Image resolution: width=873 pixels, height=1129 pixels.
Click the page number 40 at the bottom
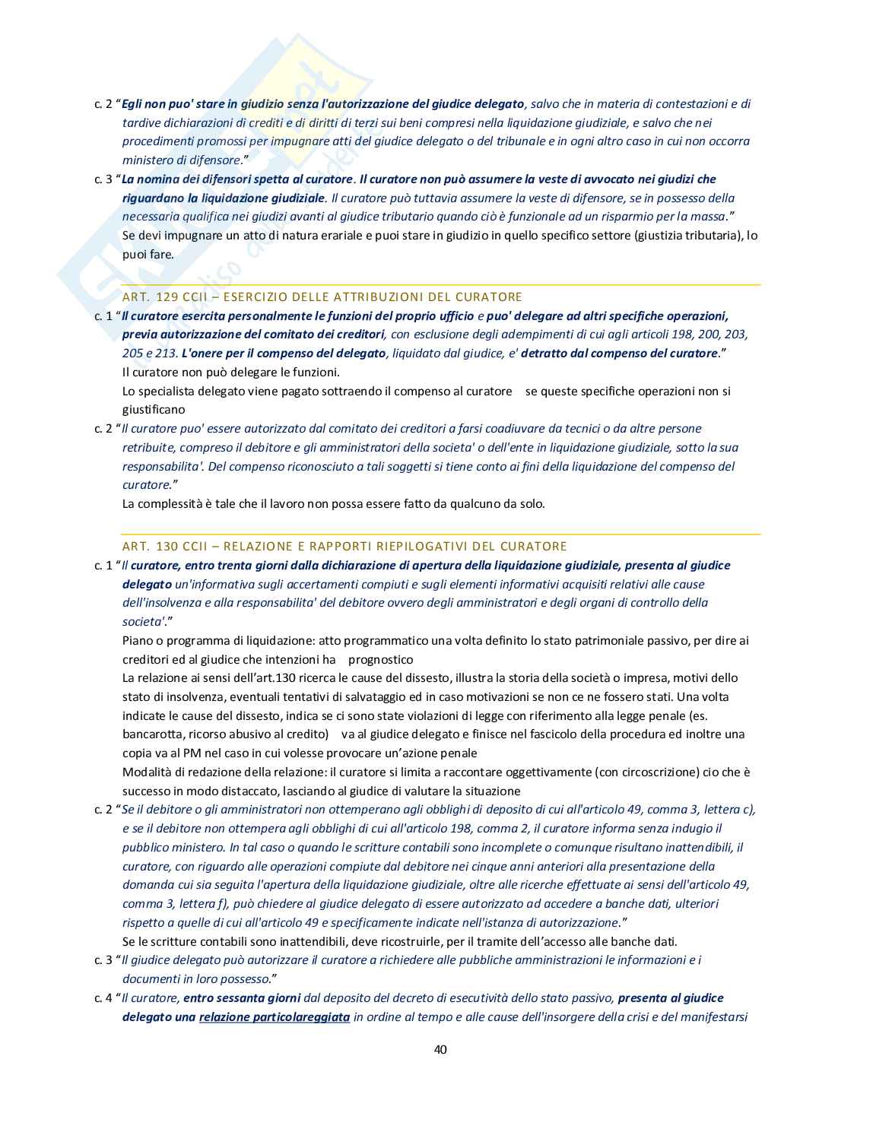440,1049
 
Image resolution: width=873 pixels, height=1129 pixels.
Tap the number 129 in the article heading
167,297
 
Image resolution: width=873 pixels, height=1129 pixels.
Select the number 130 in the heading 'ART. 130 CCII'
167,546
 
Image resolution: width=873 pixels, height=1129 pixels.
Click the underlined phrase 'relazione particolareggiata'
275,1016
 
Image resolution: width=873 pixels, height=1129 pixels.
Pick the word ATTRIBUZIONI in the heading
365,297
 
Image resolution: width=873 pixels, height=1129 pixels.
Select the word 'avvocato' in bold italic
610,179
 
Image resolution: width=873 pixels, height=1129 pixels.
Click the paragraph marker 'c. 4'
103,997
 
